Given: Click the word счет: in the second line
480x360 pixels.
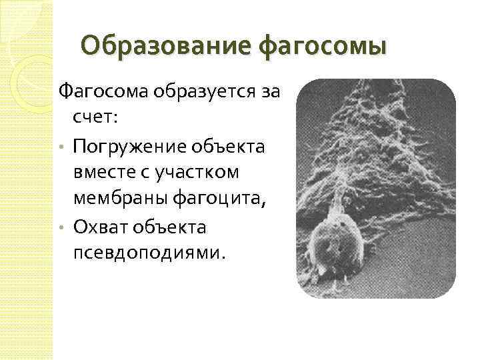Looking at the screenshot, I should click(x=95, y=118).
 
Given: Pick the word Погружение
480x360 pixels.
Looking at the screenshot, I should click(x=131, y=145).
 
